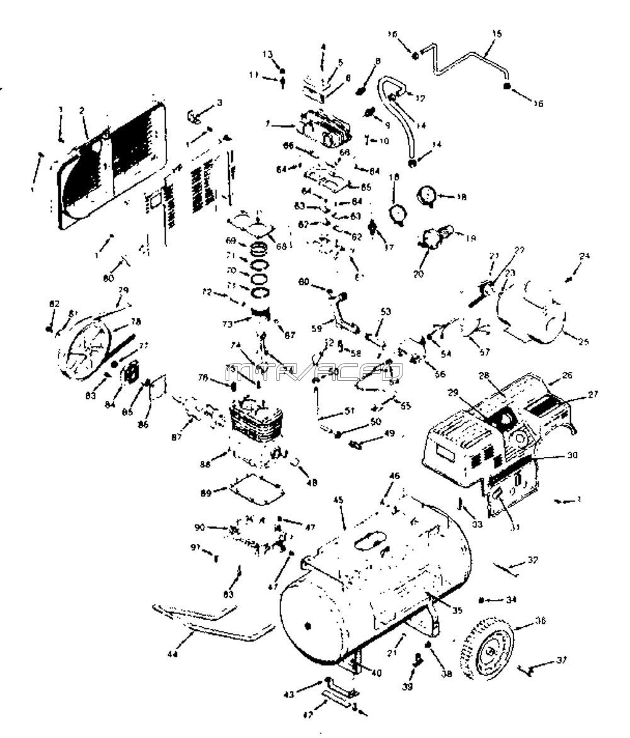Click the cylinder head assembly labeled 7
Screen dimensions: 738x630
click(x=324, y=128)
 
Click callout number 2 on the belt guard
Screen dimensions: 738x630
click(x=82, y=110)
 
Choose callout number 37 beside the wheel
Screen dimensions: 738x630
click(x=561, y=660)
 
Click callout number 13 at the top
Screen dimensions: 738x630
click(x=267, y=54)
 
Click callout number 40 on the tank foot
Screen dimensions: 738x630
click(x=376, y=672)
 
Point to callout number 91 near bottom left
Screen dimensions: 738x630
click(x=195, y=548)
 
